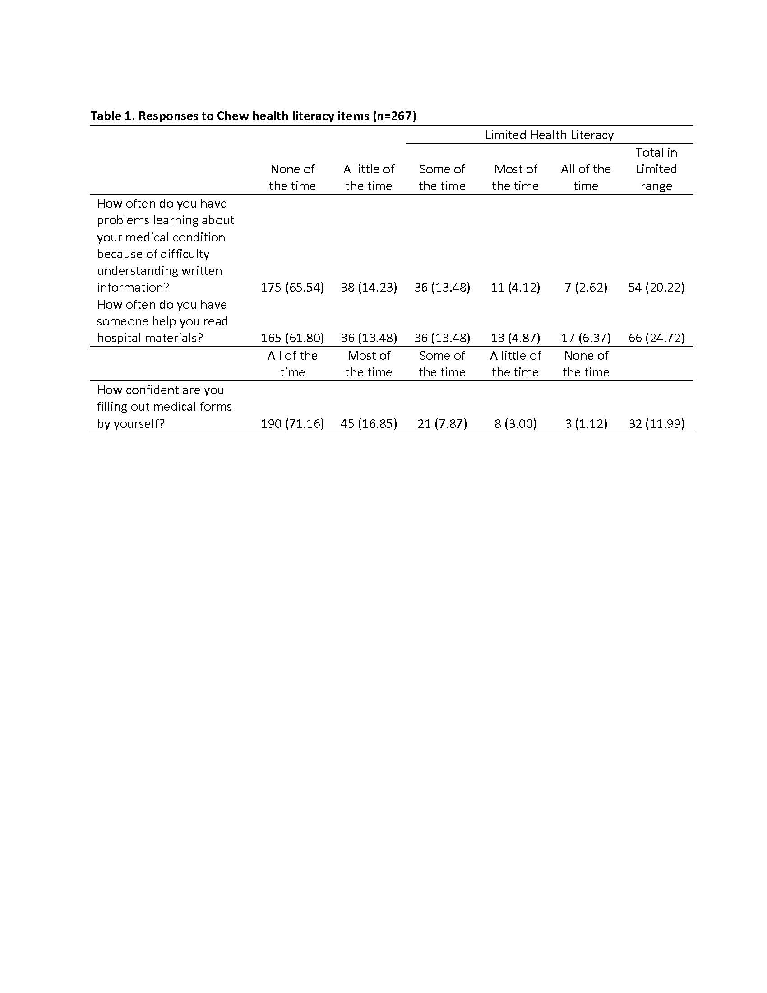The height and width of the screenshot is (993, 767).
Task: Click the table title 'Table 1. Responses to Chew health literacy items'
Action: click(x=253, y=116)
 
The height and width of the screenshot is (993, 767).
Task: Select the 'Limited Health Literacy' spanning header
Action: click(x=549, y=135)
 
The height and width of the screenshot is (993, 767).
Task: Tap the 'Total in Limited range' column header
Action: click(x=656, y=169)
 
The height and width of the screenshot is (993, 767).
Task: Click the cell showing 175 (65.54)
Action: click(x=292, y=288)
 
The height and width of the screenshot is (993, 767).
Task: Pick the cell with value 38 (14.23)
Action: click(x=369, y=288)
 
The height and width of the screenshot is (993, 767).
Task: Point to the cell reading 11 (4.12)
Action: click(x=515, y=288)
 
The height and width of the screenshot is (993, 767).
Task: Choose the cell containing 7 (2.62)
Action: click(x=586, y=288)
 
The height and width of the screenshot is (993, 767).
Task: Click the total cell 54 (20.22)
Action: click(x=656, y=288)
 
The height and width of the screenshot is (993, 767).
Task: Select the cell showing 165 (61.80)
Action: click(x=292, y=338)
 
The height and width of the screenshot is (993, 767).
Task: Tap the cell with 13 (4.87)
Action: click(x=515, y=338)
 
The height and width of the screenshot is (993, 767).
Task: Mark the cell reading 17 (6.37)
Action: click(x=586, y=338)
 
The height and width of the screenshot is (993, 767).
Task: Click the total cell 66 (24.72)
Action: click(x=656, y=338)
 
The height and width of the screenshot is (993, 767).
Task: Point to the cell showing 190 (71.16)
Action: click(x=292, y=424)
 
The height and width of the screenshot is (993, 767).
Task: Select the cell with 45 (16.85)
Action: click(x=369, y=424)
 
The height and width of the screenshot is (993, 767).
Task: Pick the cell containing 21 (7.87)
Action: click(x=442, y=424)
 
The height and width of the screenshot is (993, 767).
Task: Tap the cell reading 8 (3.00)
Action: click(x=515, y=424)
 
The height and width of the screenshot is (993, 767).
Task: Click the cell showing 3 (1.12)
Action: click(x=586, y=424)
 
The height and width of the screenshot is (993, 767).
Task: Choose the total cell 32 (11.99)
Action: click(x=656, y=424)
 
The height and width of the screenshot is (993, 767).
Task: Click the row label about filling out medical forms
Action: click(x=164, y=407)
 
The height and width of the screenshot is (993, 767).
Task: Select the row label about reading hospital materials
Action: click(x=162, y=321)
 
